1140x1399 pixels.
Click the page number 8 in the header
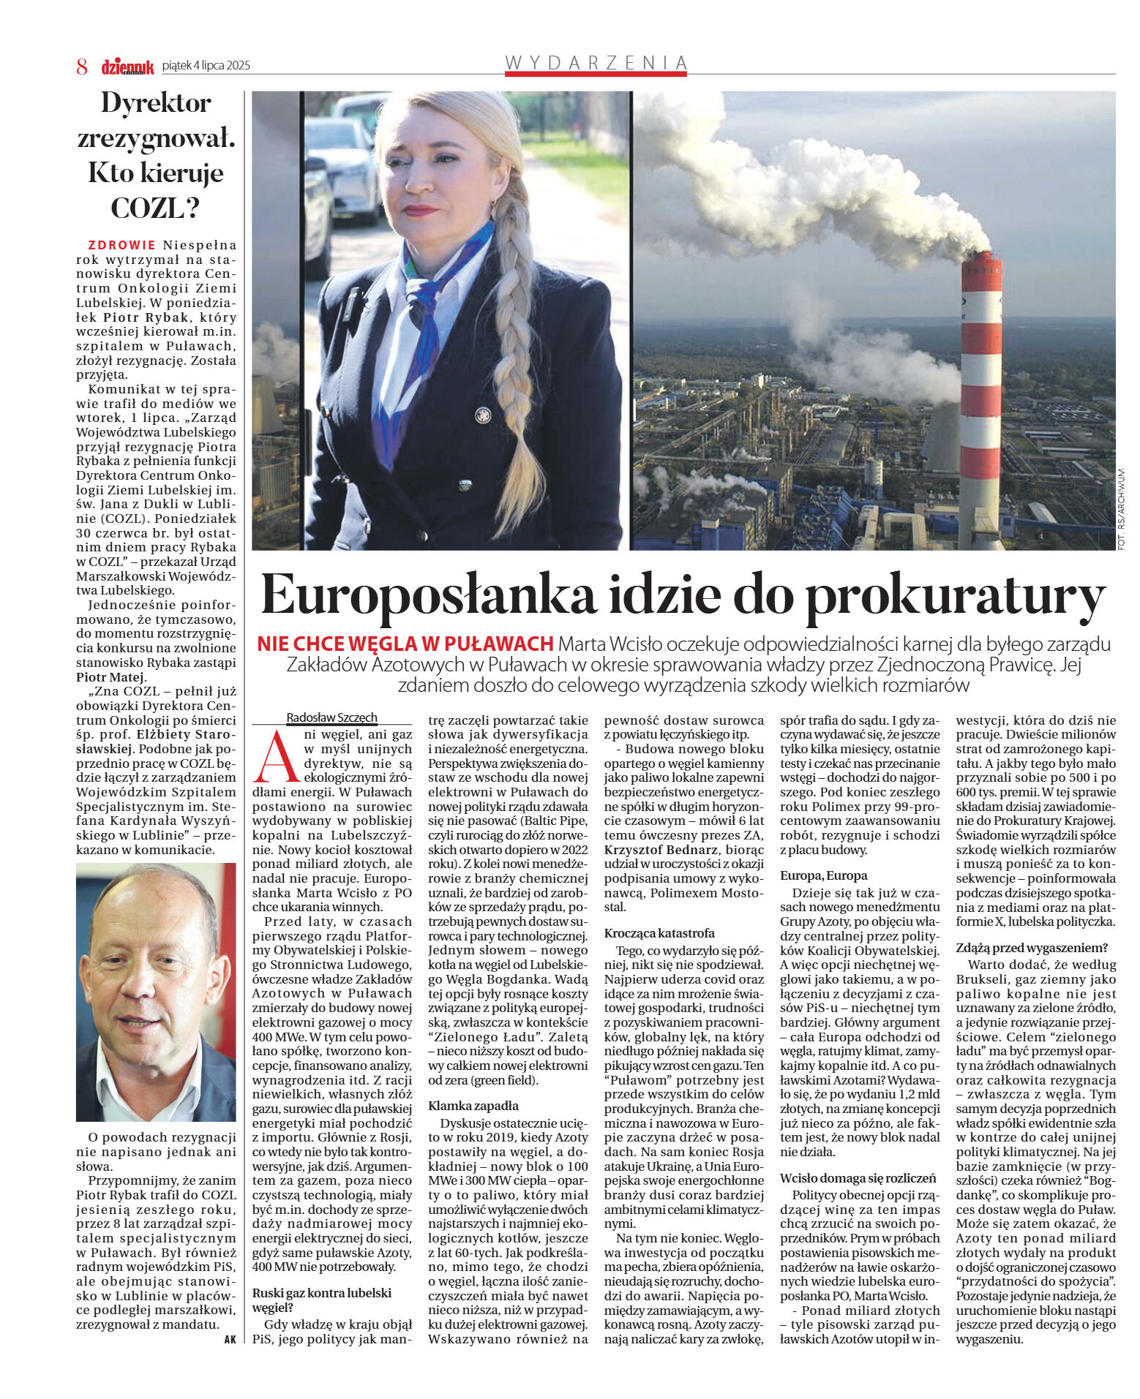pos(82,67)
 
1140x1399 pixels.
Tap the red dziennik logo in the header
pos(127,67)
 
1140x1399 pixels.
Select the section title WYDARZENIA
pos(596,63)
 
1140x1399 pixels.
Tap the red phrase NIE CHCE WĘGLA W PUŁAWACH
pos(405,644)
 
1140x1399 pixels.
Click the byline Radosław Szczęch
pos(331,717)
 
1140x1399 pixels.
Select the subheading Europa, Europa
pos(823,875)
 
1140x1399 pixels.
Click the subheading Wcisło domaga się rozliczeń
pos(858,1178)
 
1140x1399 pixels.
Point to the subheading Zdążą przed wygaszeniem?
pos(1032,948)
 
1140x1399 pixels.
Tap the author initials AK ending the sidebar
pos(230,1340)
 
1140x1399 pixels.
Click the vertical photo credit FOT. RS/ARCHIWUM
pos(1121,508)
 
